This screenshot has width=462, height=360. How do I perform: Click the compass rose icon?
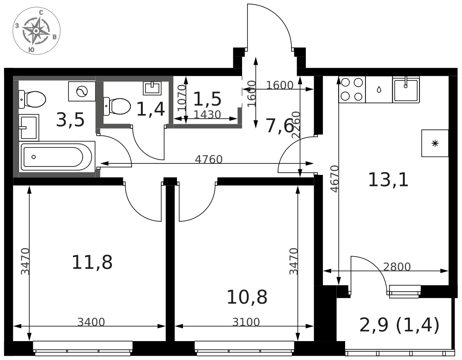36,31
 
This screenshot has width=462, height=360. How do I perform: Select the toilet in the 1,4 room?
117,106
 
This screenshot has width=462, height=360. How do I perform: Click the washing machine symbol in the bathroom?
82,91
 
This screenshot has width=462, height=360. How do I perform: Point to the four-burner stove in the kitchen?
352,90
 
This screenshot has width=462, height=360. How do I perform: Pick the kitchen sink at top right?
406,90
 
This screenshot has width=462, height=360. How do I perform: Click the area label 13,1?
388,180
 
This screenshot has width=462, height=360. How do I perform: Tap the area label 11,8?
92,262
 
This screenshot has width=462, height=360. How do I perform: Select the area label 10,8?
247,297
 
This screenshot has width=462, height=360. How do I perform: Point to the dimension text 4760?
209,160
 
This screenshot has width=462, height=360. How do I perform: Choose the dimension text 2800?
397,267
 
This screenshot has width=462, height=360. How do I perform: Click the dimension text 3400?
91,322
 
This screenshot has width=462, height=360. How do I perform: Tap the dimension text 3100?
246,322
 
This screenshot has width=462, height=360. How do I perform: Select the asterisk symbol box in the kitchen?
435,143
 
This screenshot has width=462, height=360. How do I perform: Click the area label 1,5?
207,99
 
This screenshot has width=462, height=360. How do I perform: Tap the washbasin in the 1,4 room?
152,88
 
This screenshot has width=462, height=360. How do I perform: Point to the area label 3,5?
70,120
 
